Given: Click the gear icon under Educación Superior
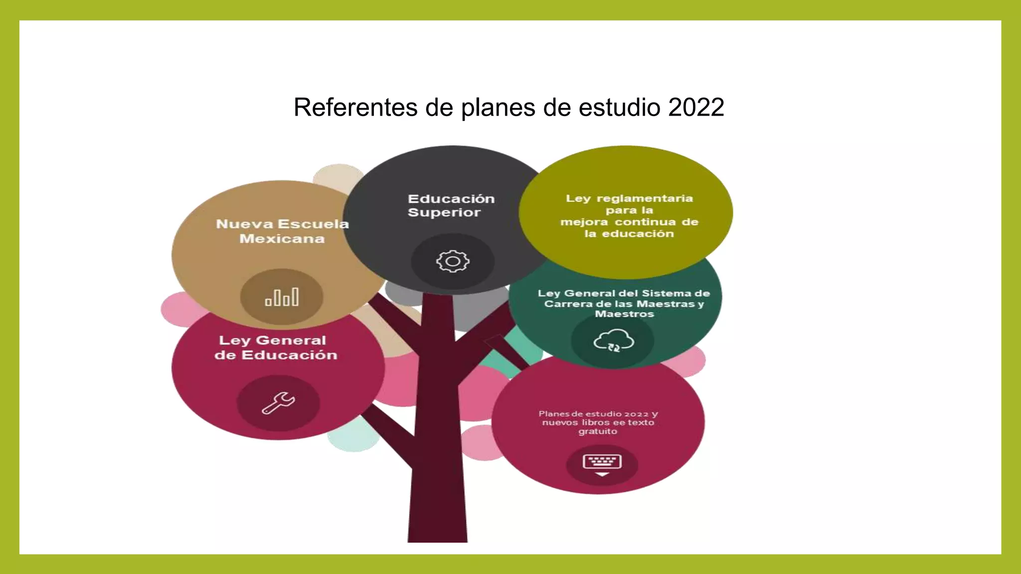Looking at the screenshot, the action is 453,261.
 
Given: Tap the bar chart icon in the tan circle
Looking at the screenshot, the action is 282,297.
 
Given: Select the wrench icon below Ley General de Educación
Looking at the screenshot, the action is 278,403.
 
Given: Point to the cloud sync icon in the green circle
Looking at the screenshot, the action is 614,341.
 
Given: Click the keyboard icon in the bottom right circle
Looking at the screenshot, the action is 602,464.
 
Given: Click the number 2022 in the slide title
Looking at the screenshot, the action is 696,107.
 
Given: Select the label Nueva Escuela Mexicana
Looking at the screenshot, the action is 282,231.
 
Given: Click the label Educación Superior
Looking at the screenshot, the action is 451,205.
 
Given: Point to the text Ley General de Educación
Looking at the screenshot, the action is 275,348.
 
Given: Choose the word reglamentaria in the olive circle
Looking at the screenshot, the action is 645,198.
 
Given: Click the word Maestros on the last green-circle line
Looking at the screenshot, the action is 624,314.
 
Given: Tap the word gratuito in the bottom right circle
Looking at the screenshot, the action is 597,431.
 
